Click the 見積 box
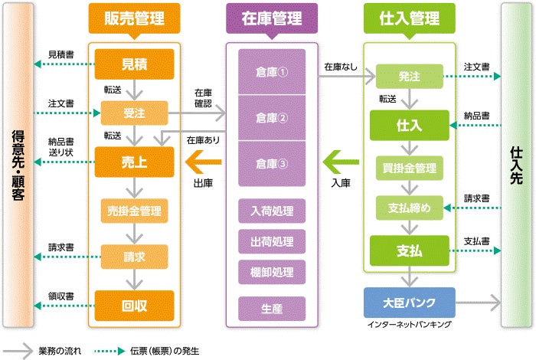(134, 65)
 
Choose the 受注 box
(134, 113)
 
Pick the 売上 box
(134, 161)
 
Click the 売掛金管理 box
(134, 208)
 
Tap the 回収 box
(134, 304)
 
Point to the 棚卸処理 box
(271, 272)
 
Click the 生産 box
(271, 307)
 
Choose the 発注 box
(409, 77)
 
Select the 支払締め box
(409, 208)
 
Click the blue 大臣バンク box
(409, 301)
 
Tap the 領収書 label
(60, 295)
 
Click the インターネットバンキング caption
(409, 325)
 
